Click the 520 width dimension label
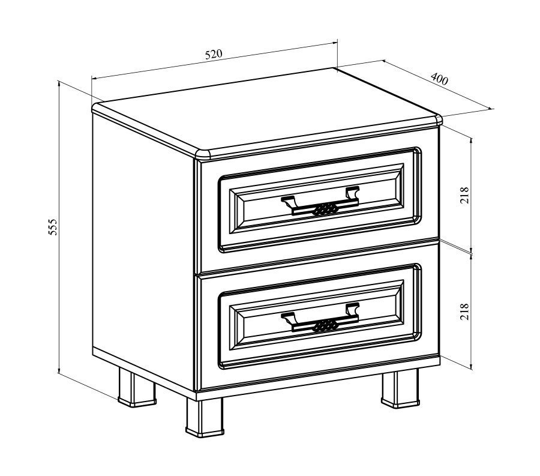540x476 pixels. click(x=214, y=55)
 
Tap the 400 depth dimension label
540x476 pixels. click(x=439, y=79)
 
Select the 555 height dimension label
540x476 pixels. click(x=52, y=227)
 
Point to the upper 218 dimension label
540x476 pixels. click(x=464, y=195)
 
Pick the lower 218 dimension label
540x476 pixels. click(x=464, y=312)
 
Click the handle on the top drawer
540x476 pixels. click(x=320, y=201)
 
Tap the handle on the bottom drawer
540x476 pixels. click(x=320, y=318)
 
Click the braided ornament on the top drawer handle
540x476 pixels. click(x=324, y=209)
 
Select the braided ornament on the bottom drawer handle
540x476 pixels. click(x=324, y=325)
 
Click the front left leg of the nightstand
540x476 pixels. click(x=205, y=417)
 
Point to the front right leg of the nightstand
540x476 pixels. click(x=401, y=388)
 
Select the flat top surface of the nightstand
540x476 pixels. click(x=265, y=111)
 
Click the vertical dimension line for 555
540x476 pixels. click(x=59, y=227)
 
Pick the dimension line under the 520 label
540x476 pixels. click(x=214, y=60)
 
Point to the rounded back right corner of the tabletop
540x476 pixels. click(x=439, y=119)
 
